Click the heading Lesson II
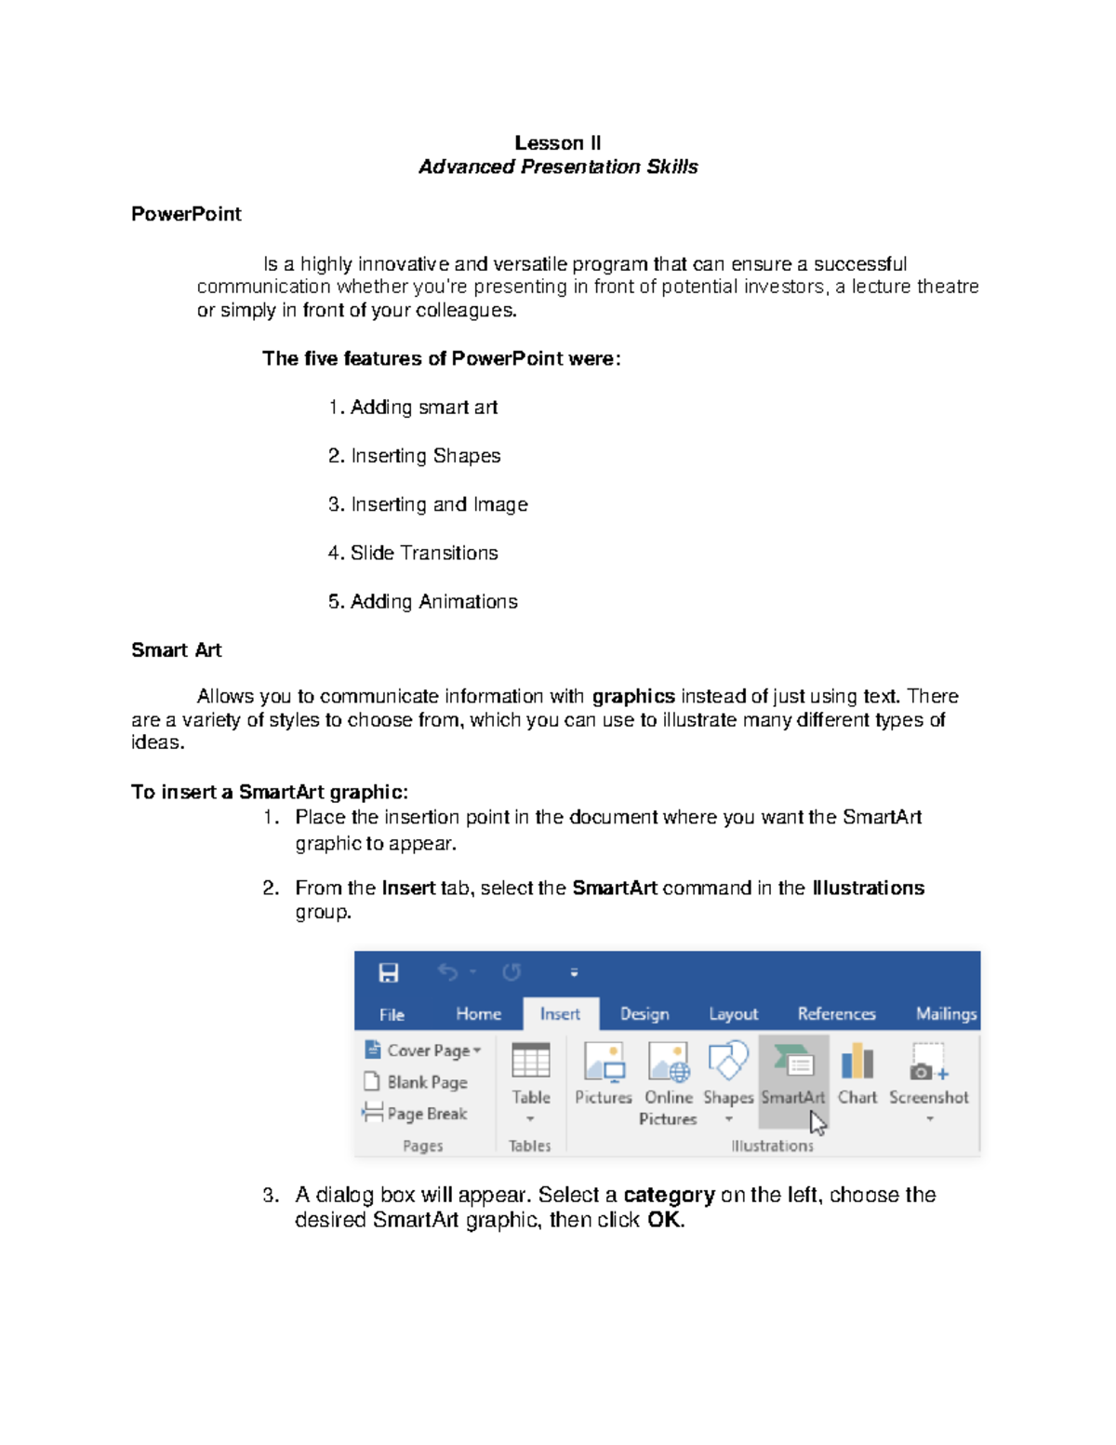click(557, 142)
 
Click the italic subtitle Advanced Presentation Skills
click(558, 167)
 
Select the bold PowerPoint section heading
click(186, 214)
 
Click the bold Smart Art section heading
click(176, 650)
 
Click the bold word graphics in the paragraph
click(633, 696)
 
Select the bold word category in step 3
click(669, 1195)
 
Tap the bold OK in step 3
click(664, 1220)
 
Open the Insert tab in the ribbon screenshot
click(560, 1014)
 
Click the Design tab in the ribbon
click(644, 1014)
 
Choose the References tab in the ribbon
click(836, 1014)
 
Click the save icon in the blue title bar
click(389, 973)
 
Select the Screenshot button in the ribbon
click(928, 1075)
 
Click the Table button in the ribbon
click(531, 1075)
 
